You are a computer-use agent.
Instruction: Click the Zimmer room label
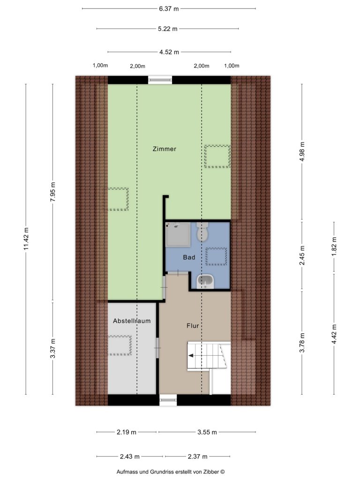pos(165,149)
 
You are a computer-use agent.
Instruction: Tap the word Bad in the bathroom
pos(189,257)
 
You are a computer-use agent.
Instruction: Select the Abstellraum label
pos(132,321)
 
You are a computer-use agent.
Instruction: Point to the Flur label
pos(193,326)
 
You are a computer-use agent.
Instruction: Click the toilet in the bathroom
pos(202,232)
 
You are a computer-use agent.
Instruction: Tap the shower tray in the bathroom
pos(178,234)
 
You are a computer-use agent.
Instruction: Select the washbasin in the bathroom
pos(205,282)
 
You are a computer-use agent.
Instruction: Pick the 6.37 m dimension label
pos(169,8)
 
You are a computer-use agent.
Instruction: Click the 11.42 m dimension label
pos(26,239)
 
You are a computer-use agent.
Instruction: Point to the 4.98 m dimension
pos(302,151)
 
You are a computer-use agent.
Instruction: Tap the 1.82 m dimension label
pos(334,247)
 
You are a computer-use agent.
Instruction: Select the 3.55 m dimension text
pos(207,432)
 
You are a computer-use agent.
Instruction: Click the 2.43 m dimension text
pos(129,457)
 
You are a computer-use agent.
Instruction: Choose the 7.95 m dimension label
pos(52,192)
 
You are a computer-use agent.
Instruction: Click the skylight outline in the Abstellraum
pos(120,345)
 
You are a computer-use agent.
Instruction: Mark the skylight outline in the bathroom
pos(216,256)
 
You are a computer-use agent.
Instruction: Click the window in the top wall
pos(160,80)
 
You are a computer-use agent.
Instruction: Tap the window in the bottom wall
pos(168,399)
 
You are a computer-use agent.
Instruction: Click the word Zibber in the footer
pos(212,472)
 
